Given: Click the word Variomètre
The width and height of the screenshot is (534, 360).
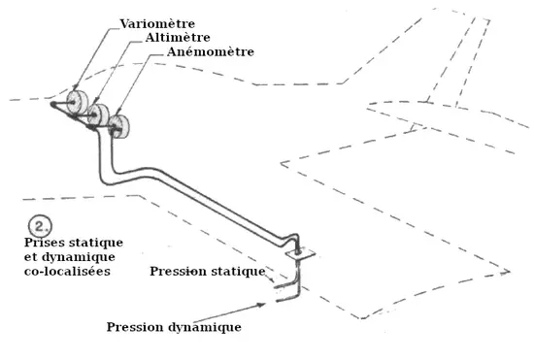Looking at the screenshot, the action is pyautogui.click(x=157, y=24).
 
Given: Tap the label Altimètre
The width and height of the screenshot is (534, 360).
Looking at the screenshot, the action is pyautogui.click(x=178, y=38).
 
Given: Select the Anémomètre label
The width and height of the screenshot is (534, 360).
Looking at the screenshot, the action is pyautogui.click(x=211, y=51).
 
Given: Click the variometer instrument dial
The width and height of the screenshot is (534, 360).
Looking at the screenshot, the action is pyautogui.click(x=77, y=102).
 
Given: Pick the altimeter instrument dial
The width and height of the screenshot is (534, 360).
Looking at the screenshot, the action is pyautogui.click(x=98, y=115).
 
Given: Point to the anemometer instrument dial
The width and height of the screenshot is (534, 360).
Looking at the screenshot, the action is pyautogui.click(x=118, y=126).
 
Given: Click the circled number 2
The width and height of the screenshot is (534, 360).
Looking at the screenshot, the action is pyautogui.click(x=40, y=226).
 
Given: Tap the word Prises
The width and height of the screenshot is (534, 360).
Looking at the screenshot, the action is pyautogui.click(x=42, y=243).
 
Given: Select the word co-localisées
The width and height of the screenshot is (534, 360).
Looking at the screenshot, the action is pyautogui.click(x=67, y=271).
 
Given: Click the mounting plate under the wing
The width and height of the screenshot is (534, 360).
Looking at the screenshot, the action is pyautogui.click(x=300, y=254).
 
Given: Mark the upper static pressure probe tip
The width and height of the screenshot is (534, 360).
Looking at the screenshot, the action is pyautogui.click(x=275, y=287).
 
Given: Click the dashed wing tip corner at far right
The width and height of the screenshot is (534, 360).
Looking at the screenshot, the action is pyautogui.click(x=510, y=272).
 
